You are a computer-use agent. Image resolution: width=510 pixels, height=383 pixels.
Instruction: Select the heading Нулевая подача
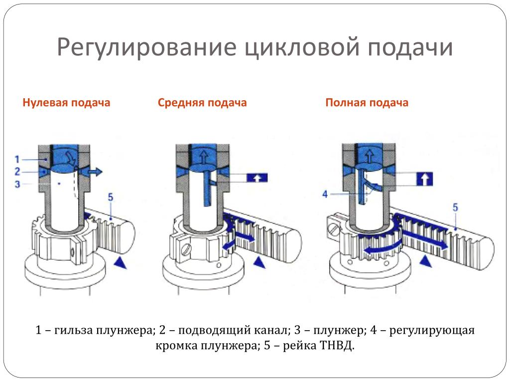pos(66,103)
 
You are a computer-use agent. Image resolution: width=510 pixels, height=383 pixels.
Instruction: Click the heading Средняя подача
pos(202,103)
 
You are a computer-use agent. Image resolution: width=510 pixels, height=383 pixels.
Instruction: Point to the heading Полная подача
pos(367,103)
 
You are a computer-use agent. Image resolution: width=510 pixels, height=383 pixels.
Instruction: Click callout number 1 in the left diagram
pos(17,160)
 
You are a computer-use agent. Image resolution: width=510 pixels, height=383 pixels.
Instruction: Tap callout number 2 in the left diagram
pos(17,172)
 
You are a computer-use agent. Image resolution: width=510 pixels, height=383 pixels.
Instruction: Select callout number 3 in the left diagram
pos(17,184)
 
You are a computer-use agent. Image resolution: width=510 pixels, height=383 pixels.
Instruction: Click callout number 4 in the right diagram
pos(325,194)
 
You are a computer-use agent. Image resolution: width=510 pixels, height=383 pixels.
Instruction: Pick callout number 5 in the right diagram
pos(454,207)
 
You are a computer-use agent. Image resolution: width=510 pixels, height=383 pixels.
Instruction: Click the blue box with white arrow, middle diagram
pos(257,178)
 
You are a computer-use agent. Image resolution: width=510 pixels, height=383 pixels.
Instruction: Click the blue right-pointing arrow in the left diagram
pos(94,172)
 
